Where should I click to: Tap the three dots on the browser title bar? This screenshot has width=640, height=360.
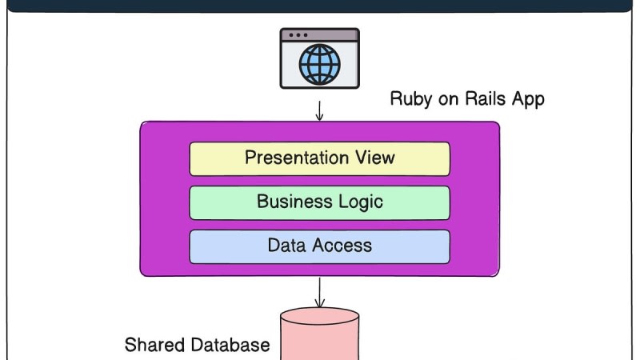coord(298,36)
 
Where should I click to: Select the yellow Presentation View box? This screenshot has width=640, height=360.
coord(319,158)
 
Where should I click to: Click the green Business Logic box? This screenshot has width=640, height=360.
coord(319,202)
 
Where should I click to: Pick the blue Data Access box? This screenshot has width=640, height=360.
coord(319,246)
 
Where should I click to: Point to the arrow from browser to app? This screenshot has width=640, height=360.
coord(319,110)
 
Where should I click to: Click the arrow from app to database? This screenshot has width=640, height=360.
coord(319,292)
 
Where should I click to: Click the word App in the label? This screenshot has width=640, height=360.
coord(529,99)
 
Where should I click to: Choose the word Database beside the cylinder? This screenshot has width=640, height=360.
coord(230,346)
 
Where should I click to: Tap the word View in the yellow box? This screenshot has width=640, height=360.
coord(375,158)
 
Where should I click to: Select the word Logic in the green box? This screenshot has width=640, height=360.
coord(361,202)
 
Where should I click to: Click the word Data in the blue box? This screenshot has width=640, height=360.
coord(286,246)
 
